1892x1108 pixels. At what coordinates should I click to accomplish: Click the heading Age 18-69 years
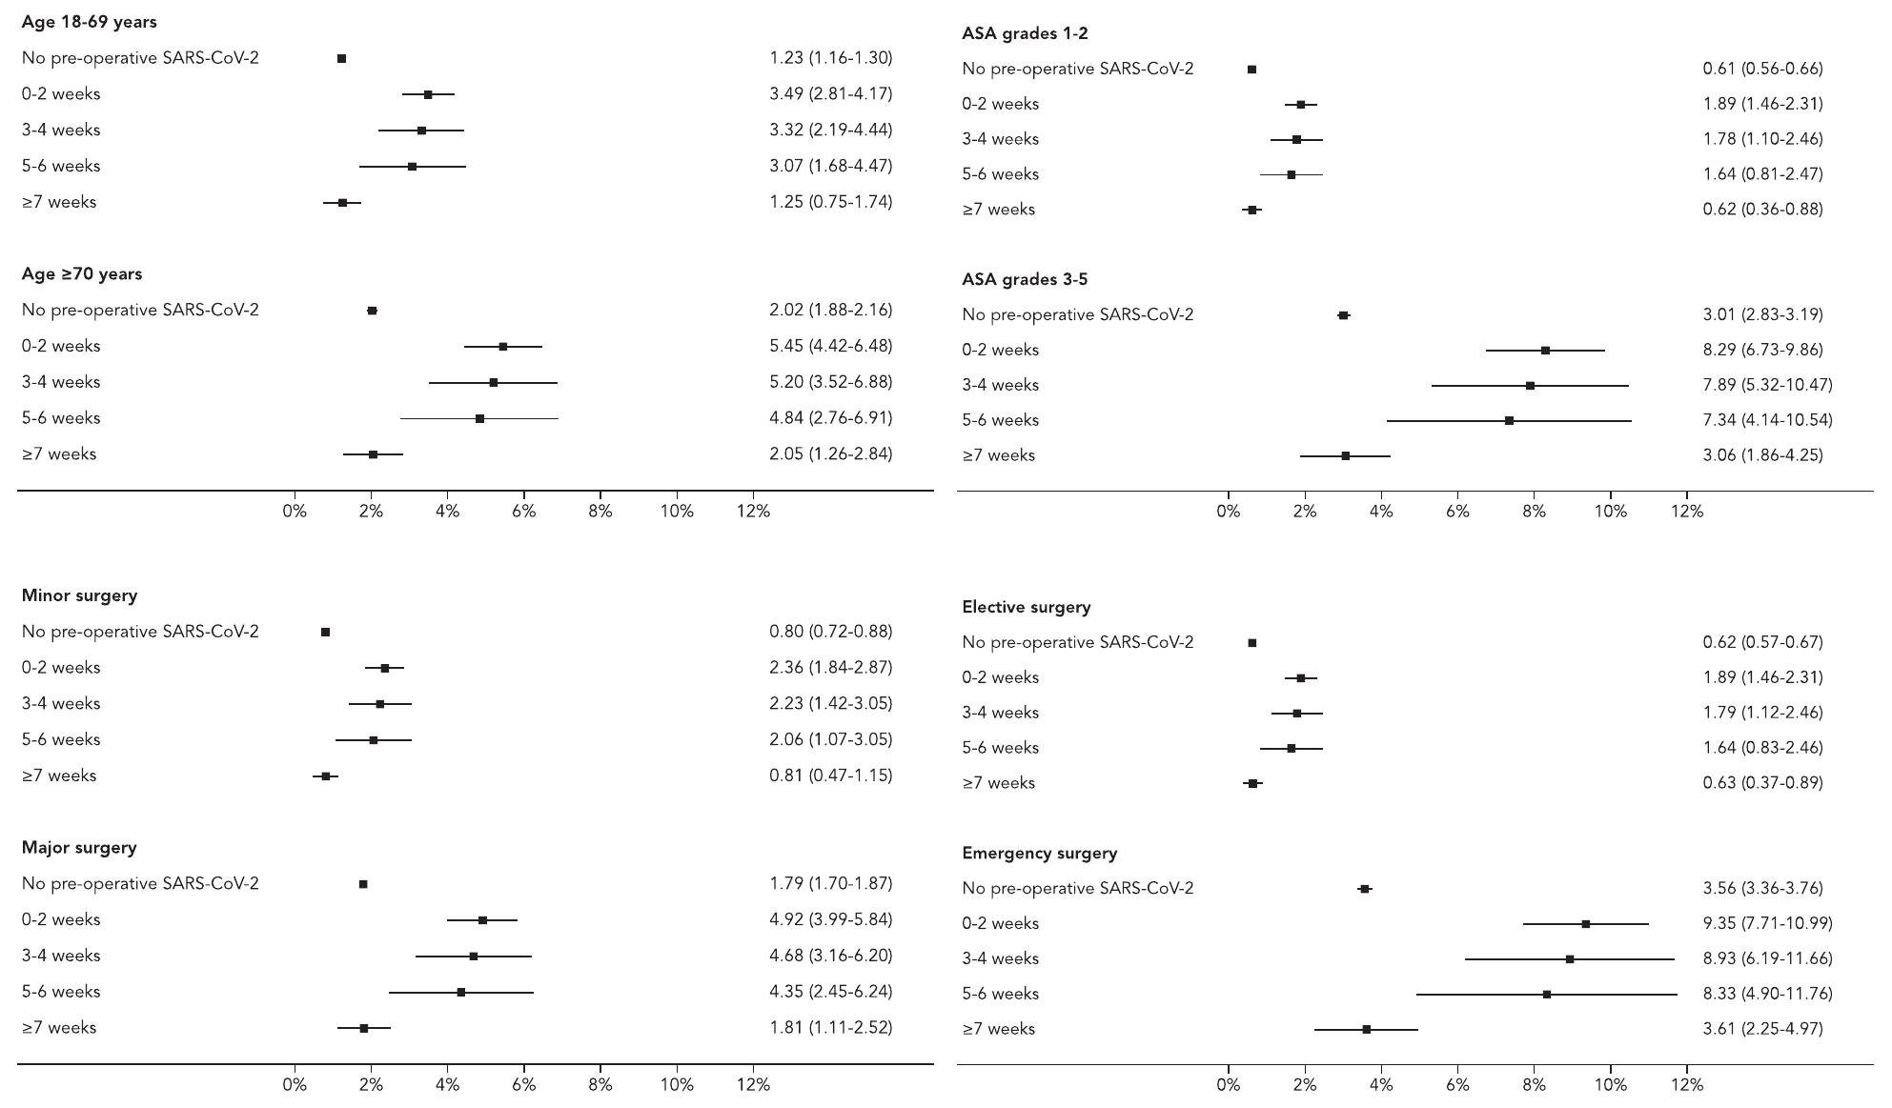pos(89,22)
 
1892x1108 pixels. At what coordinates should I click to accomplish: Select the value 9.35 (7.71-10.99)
pos(1767,923)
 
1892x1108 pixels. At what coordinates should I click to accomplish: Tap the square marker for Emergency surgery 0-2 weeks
pos(1585,924)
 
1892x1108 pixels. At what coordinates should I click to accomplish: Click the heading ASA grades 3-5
pos(1025,279)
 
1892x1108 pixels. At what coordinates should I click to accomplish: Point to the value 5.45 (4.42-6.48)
pos(830,346)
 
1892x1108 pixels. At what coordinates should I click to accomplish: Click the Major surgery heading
pos(79,847)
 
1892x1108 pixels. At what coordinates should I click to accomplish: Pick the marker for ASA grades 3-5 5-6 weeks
pos(1509,421)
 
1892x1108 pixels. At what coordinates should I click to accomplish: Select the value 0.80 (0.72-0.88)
pos(830,632)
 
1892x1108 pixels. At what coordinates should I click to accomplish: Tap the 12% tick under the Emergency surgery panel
pos(1686,1084)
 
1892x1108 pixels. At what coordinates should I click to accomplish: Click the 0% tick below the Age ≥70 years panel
pos(295,512)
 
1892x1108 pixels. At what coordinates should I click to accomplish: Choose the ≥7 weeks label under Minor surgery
pos(59,776)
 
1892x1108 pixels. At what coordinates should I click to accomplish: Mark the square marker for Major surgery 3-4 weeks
pos(474,957)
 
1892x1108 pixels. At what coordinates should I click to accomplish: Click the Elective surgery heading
pos(1026,607)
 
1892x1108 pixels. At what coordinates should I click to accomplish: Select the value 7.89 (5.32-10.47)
pos(1767,385)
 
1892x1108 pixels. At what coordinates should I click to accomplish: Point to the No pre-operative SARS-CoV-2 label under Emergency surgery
pos(1077,888)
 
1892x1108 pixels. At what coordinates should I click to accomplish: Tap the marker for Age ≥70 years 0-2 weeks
pos(502,347)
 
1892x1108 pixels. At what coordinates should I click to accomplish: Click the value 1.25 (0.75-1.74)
pos(830,202)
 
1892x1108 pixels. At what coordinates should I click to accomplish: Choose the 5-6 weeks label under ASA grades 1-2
pos(1000,174)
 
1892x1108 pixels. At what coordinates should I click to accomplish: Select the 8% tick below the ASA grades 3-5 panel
pos(1534,512)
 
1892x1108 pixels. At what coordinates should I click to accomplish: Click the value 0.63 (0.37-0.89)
pos(1762,783)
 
